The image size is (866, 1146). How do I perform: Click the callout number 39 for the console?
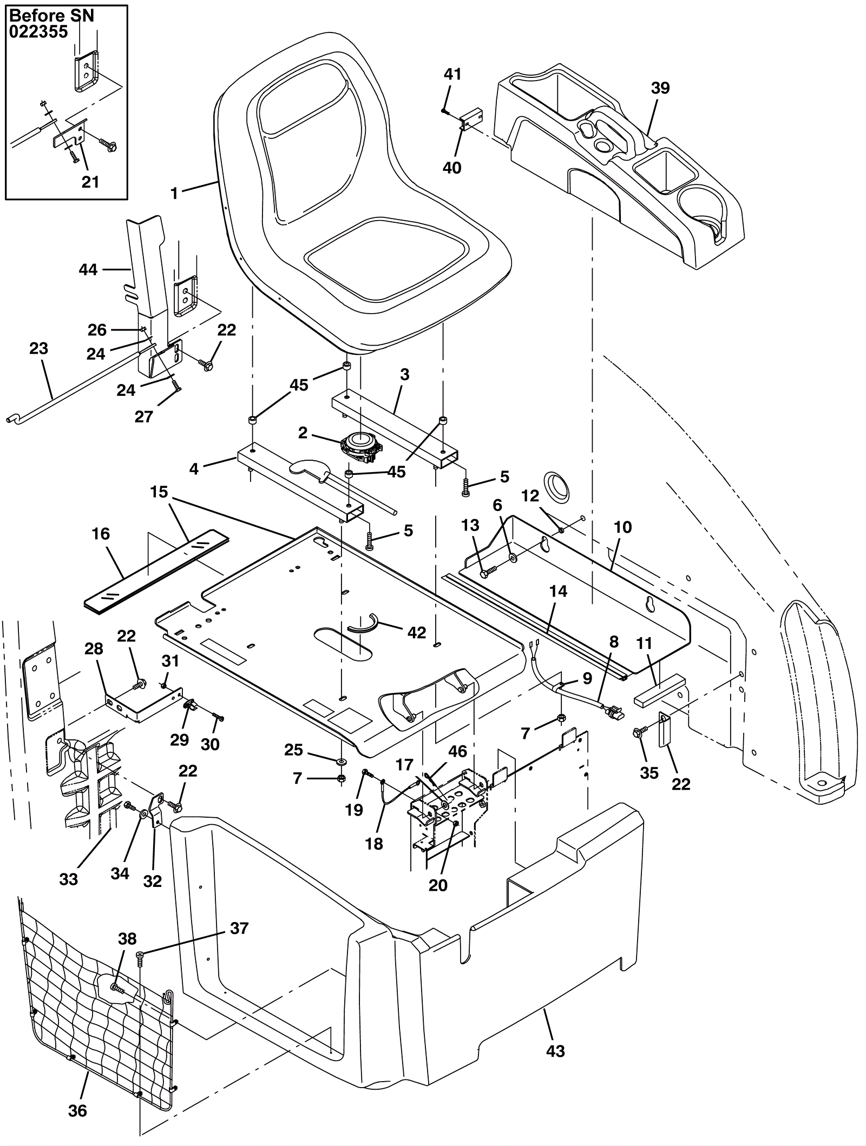coord(660,88)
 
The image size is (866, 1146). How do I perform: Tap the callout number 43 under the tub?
coord(556,1051)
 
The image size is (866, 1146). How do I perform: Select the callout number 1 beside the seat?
coord(174,193)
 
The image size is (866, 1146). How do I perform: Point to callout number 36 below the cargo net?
coord(77,1111)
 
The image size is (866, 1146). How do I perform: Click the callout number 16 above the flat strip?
coord(101,534)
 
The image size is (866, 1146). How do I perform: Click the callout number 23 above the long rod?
coord(38,349)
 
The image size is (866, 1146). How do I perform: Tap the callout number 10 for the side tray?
coord(623,527)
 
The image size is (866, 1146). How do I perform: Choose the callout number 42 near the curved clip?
coord(416,632)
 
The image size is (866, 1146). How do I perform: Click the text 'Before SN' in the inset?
coord(52,16)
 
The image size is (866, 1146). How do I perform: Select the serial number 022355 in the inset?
coord(38,32)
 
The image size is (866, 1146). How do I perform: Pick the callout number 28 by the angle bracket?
coord(94,648)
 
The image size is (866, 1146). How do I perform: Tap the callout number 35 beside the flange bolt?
coord(649,773)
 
